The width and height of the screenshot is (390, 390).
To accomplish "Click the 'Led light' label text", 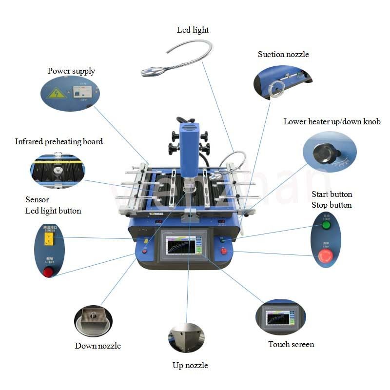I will [193, 30].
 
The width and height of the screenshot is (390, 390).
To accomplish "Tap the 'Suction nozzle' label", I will [283, 54].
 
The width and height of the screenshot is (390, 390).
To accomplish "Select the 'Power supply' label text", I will [71, 71].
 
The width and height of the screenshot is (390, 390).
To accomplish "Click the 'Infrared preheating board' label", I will [59, 142].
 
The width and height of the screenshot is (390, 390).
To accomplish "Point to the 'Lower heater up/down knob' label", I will [332, 121].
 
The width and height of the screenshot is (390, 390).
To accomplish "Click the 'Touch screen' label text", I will [291, 344].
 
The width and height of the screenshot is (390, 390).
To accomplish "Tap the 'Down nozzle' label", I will [97, 346].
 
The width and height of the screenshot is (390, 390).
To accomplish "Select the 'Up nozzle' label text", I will [190, 365].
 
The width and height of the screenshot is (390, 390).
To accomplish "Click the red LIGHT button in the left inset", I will [49, 272].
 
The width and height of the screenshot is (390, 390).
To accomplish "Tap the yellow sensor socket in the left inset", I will [49, 239].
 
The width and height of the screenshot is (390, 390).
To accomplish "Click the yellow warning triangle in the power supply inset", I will [57, 93].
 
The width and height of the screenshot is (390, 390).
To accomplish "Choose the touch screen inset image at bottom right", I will [280, 319].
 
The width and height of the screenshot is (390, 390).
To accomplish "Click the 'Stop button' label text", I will [331, 205].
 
